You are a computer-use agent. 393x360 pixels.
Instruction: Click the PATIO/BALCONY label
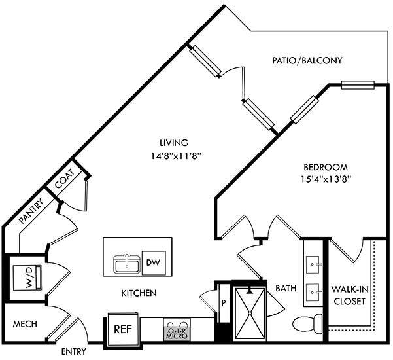[307, 60]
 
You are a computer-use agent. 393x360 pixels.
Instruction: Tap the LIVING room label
[174, 143]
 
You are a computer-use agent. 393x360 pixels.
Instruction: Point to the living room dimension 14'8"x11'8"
[174, 156]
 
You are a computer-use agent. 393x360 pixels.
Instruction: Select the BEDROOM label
[325, 167]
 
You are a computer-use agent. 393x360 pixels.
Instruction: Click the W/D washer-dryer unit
[27, 276]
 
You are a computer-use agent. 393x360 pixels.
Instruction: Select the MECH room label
[24, 325]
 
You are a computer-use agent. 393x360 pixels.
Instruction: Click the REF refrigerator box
[121, 330]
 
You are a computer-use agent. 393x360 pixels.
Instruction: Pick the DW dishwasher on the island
[152, 262]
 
